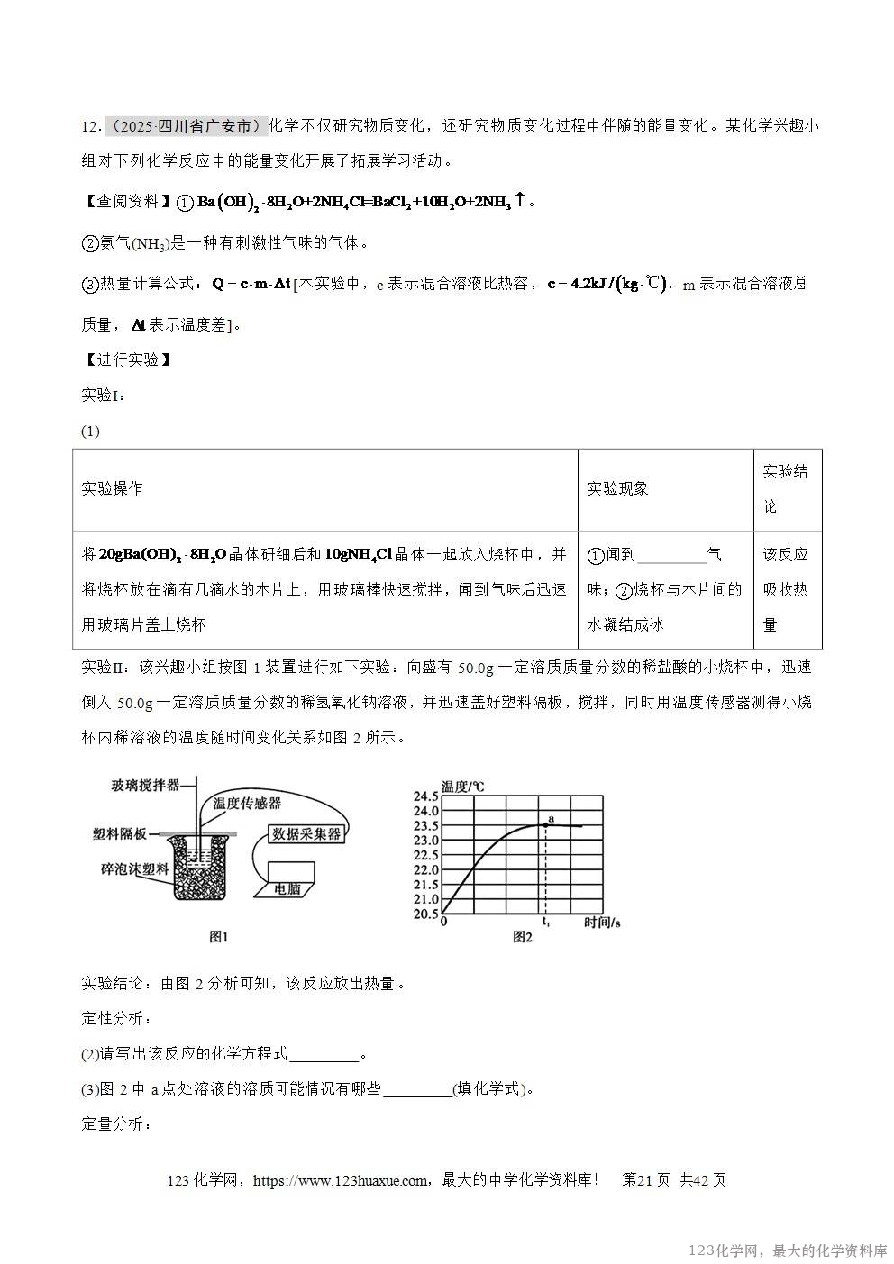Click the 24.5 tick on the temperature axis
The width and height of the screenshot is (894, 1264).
[425, 796]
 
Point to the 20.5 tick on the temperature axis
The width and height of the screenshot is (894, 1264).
[425, 914]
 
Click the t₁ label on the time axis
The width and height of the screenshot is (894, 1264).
[544, 923]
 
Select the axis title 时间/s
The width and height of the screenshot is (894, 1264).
[604, 923]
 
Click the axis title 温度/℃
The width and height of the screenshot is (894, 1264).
[462, 786]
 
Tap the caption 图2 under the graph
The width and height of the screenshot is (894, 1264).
[523, 937]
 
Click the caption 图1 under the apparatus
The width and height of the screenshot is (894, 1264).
[219, 937]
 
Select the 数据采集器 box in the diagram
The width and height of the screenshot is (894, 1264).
[306, 834]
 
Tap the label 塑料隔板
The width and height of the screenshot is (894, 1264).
[120, 834]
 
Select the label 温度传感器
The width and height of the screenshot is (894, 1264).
[247, 802]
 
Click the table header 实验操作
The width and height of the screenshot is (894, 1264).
[112, 488]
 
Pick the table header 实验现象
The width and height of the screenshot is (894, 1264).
[617, 488]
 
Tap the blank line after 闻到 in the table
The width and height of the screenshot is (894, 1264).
[671, 556]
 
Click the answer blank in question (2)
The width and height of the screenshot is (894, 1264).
[324, 1055]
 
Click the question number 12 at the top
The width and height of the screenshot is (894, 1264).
[88, 126]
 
